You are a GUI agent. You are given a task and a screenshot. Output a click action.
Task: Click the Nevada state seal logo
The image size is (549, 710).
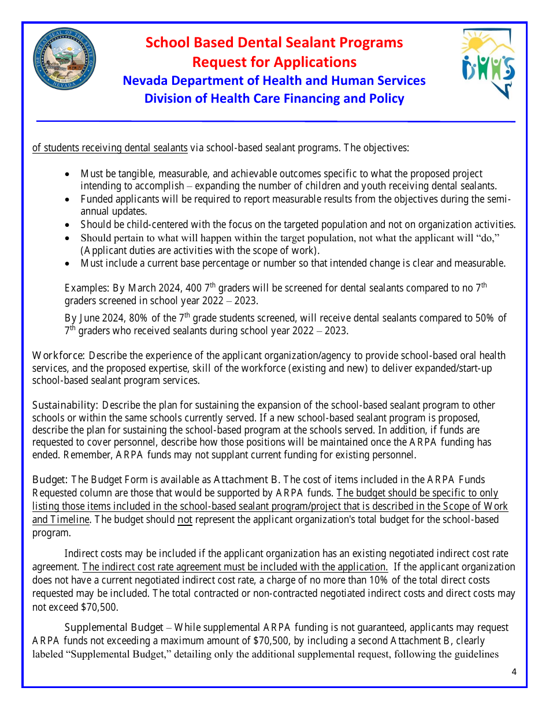point(64,59)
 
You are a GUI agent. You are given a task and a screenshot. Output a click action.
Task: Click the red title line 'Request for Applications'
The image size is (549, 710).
point(274,62)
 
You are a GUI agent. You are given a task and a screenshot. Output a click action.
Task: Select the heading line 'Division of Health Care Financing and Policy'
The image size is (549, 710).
point(274,98)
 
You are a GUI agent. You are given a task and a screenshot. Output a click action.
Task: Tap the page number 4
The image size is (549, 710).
point(514,671)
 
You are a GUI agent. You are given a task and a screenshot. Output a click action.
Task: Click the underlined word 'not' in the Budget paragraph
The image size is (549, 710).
point(184,520)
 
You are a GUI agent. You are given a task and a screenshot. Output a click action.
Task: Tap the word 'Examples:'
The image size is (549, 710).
point(85,288)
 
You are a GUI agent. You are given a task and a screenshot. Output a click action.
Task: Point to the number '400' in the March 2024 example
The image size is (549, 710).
point(194,288)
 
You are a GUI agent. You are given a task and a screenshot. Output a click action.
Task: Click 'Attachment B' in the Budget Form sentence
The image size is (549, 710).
point(247,480)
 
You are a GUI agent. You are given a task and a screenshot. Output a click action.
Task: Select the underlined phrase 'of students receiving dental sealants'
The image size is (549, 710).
point(110,148)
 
